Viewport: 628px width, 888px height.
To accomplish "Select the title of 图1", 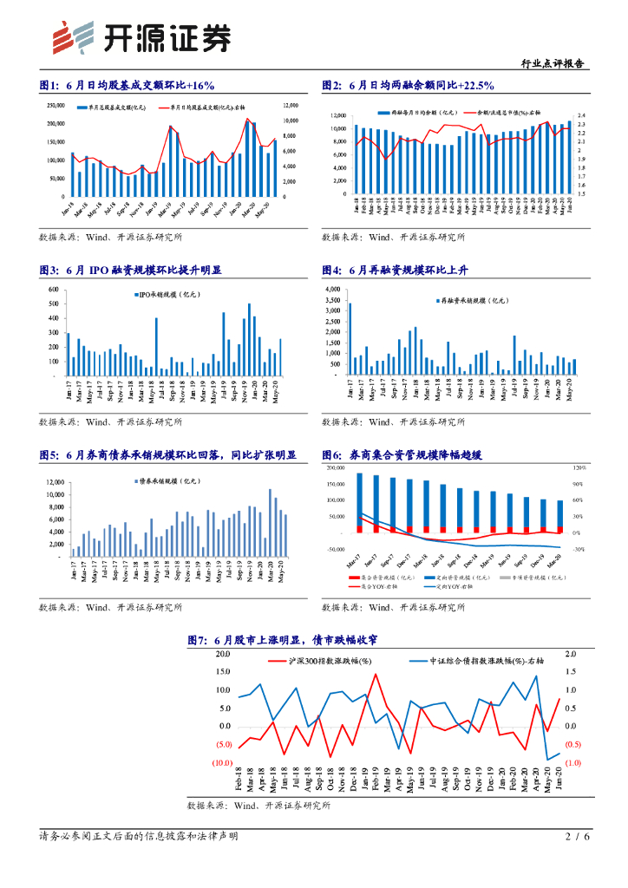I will click(x=127, y=85).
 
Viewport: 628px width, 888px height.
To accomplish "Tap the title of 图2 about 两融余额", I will click(x=408, y=85).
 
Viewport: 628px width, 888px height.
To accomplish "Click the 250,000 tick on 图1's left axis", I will click(x=54, y=107).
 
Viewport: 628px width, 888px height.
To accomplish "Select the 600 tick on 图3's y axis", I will click(x=54, y=291).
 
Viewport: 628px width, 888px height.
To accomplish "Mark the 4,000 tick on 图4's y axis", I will click(x=333, y=289).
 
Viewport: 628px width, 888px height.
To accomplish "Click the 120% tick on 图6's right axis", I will click(x=579, y=467).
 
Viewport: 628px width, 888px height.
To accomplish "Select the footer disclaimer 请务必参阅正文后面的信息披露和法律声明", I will click(x=138, y=837).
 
